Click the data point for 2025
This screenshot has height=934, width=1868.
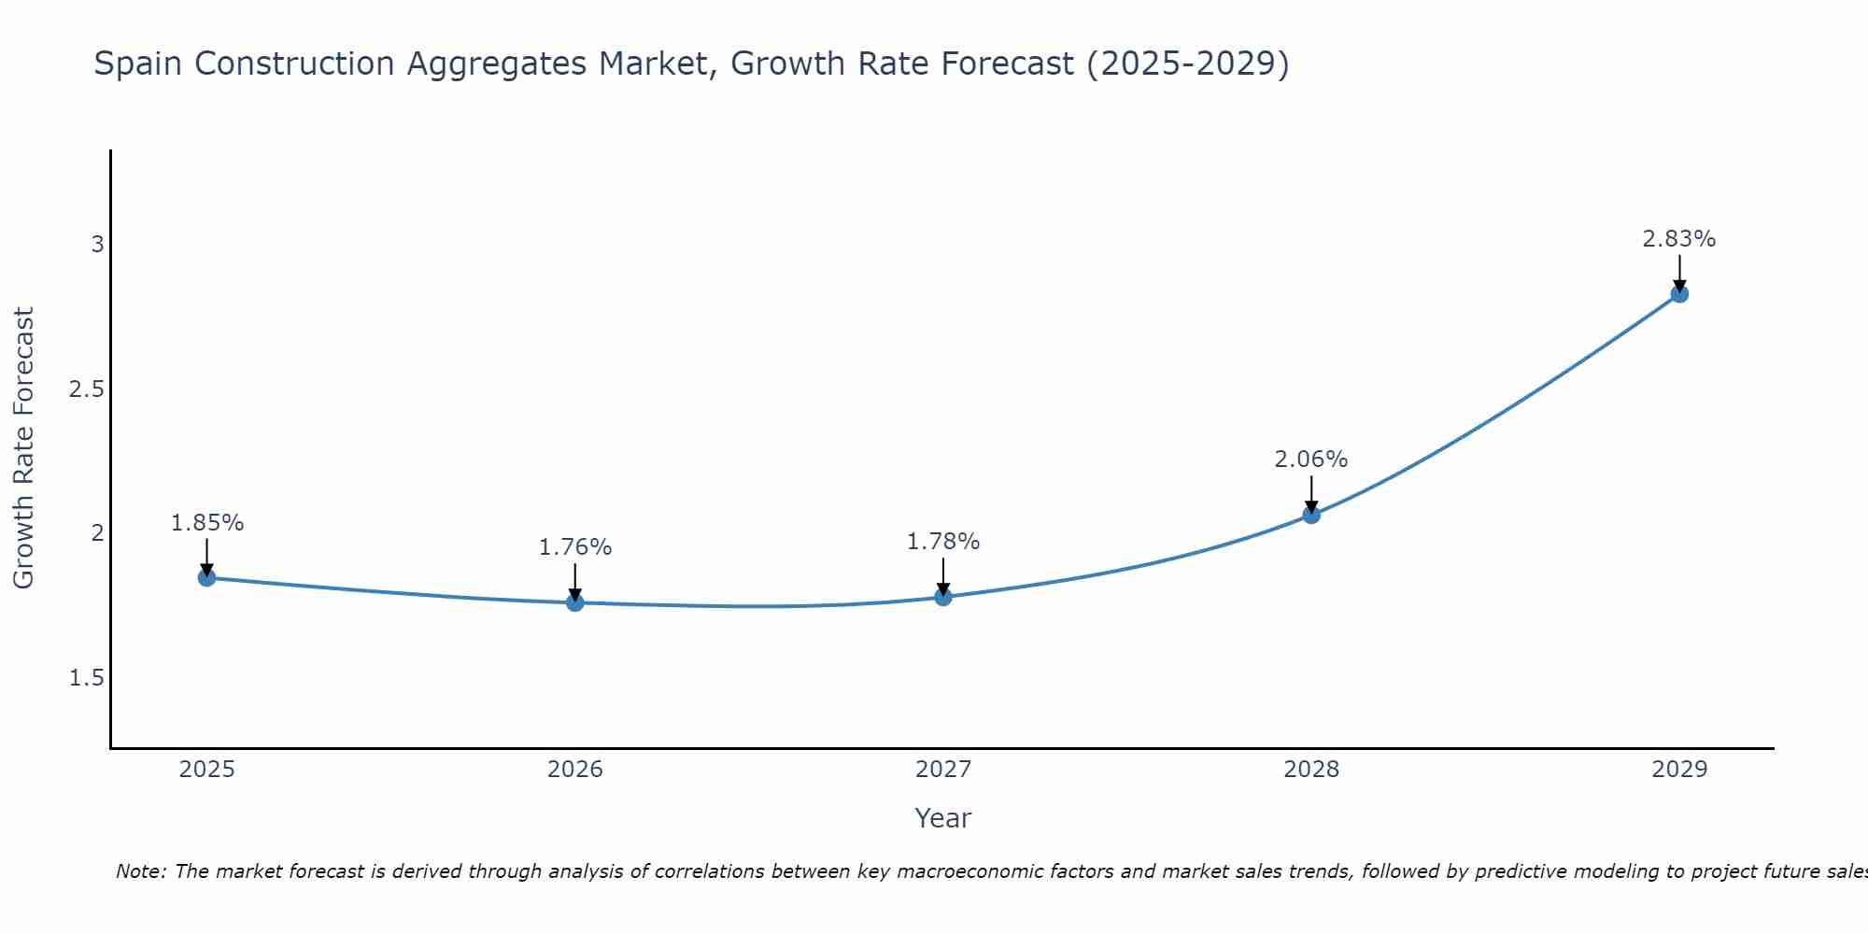pos(206,578)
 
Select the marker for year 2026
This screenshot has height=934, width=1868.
pos(575,602)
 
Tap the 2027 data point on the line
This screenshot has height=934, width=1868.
pos(943,597)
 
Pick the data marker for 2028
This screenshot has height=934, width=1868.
pos(1311,515)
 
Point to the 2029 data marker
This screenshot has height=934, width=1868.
pos(1679,294)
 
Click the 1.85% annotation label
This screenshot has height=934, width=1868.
pos(206,523)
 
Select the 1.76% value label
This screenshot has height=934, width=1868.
pos(575,547)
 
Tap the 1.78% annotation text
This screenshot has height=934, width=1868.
pos(943,542)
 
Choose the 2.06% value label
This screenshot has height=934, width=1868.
pos(1311,460)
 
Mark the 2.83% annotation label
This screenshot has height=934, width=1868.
pos(1679,239)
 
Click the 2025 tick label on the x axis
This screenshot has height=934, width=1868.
pos(206,770)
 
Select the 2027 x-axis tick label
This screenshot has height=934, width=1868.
pos(943,770)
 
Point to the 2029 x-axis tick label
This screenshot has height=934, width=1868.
pos(1679,770)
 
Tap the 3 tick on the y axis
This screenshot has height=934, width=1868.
pos(97,245)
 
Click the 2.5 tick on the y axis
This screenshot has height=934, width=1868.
pos(86,389)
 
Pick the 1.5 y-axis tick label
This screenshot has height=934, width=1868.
pos(86,678)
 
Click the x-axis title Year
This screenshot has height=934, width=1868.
pos(943,818)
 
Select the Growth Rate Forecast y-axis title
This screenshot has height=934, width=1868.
pos(23,448)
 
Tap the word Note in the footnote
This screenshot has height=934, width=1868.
pos(140,871)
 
